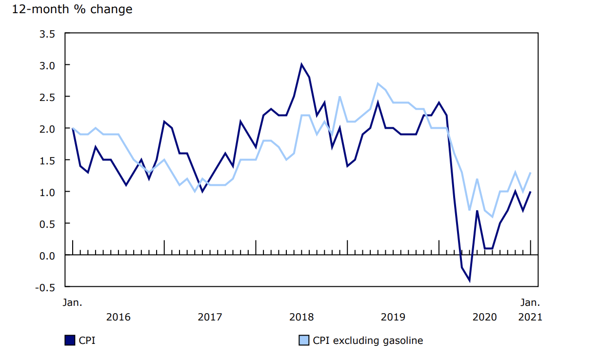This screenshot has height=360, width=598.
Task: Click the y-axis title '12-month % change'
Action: (72, 9)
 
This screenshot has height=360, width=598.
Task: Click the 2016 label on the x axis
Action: (119, 317)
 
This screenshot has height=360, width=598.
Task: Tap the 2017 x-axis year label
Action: (210, 317)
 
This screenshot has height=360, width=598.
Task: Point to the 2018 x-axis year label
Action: (301, 317)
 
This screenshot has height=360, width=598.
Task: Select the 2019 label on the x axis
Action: (393, 317)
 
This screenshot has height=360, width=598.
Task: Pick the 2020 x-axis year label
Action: (485, 317)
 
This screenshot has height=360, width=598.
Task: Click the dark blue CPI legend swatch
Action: (70, 340)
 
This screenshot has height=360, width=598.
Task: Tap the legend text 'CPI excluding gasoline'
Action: (368, 340)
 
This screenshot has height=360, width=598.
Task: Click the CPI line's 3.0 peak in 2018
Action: (301, 64)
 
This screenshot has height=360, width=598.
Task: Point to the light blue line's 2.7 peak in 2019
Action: (378, 83)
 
